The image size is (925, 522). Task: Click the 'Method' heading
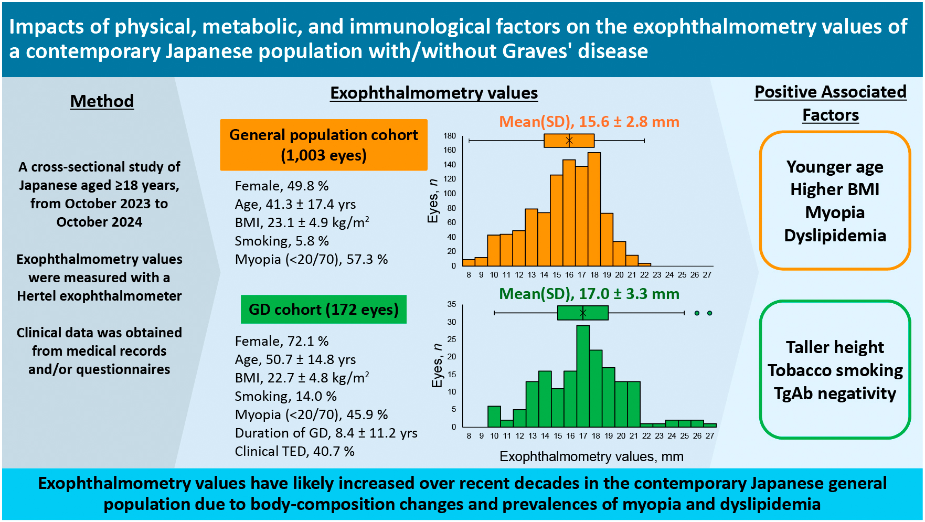tap(102, 101)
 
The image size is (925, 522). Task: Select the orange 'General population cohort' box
tap(324, 145)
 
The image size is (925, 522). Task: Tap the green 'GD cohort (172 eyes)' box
tap(323, 310)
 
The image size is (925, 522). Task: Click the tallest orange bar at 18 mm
tap(594, 210)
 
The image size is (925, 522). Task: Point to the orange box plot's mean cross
tap(569, 140)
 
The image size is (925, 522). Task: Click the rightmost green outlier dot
tap(709, 313)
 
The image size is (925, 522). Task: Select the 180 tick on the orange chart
tap(450, 136)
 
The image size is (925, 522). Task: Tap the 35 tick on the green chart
tap(451, 304)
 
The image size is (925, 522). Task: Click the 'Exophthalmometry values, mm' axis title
tap(591, 456)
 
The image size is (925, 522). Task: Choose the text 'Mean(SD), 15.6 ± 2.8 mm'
tap(589, 122)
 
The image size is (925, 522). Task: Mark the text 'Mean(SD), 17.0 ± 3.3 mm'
tap(589, 294)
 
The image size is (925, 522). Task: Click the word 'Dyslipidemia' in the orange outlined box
tap(835, 236)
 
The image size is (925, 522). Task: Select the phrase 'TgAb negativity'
tap(835, 393)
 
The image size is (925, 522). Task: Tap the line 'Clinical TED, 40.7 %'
tap(294, 451)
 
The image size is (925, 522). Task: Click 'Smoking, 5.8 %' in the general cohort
tap(282, 241)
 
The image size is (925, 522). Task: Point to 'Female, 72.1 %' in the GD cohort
tap(282, 341)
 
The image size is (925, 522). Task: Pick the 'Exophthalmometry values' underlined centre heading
tap(434, 93)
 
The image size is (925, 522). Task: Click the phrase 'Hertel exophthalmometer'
tap(99, 296)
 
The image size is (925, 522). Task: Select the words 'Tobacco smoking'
tap(835, 370)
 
